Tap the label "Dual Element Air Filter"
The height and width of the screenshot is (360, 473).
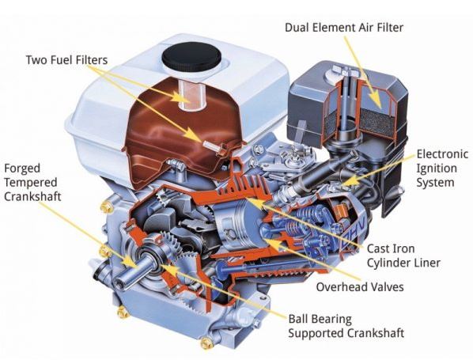[x=344, y=28]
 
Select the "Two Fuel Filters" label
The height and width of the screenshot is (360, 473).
[x=66, y=60]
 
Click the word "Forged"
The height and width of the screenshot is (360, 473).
[x=22, y=169]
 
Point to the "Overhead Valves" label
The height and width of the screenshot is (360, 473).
[x=360, y=286]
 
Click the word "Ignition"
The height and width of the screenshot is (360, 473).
[x=437, y=169]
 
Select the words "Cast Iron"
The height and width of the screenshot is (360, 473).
[x=391, y=248]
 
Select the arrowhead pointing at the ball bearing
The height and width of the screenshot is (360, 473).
[x=169, y=267]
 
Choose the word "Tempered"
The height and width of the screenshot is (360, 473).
[x=31, y=183]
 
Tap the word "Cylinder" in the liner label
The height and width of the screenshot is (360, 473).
[x=387, y=263]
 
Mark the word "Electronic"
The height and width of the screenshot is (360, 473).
[x=442, y=154]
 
